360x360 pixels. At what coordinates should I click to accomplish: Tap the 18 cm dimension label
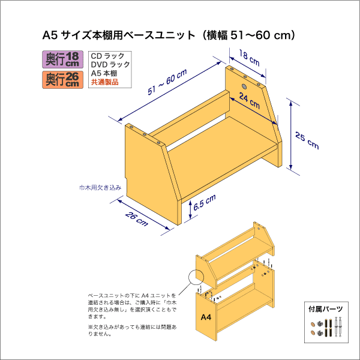coord(250,58)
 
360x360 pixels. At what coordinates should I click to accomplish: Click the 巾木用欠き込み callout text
coord(100,188)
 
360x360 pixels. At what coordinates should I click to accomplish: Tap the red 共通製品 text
coord(105,82)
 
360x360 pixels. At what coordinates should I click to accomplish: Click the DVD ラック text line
coord(110,64)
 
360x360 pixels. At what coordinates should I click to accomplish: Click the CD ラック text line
coord(108,56)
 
